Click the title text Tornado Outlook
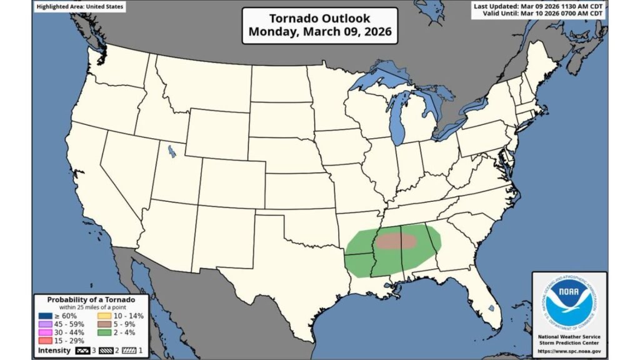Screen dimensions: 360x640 pyautogui.click(x=319, y=18)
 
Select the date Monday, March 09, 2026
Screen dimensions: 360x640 pyautogui.click(x=319, y=32)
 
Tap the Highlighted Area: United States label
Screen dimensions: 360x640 pyautogui.click(x=79, y=7)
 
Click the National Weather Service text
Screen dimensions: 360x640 pyautogui.click(x=569, y=336)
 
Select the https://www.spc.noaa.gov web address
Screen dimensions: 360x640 pyautogui.click(x=569, y=351)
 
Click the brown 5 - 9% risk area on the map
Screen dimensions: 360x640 pyautogui.click(x=398, y=241)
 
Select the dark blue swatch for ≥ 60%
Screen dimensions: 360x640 pyautogui.click(x=44, y=316)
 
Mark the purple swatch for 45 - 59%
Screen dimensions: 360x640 pyautogui.click(x=44, y=324)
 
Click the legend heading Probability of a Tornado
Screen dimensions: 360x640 pyautogui.click(x=91, y=299)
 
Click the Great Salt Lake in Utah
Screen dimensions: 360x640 pyautogui.click(x=170, y=151)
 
